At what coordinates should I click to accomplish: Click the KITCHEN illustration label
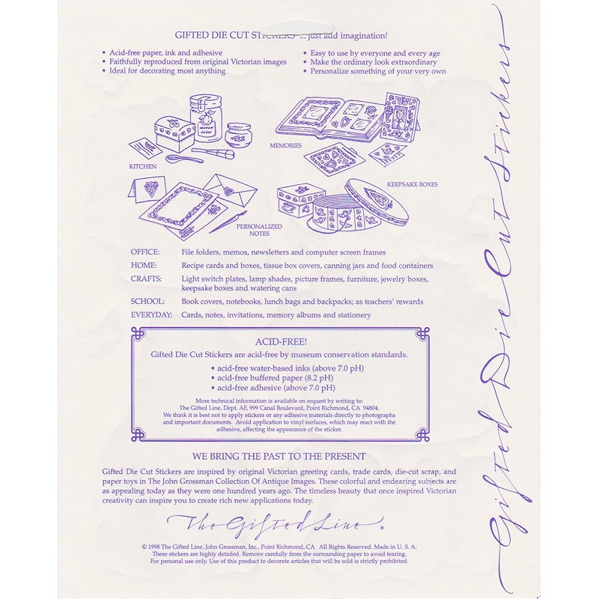(x=143, y=166)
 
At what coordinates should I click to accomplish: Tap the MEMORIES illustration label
(x=285, y=145)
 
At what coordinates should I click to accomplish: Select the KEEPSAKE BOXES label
(x=413, y=184)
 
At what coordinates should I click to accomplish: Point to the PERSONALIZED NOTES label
(x=259, y=230)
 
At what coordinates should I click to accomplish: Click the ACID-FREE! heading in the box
(x=282, y=342)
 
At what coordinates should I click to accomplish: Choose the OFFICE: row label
(x=145, y=252)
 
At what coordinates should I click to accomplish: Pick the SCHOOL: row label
(x=148, y=302)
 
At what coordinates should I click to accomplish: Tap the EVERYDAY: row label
(x=152, y=314)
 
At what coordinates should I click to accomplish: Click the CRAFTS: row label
(x=146, y=279)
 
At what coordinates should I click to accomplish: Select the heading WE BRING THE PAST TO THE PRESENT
(x=279, y=457)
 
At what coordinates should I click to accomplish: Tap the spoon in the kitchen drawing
(x=185, y=158)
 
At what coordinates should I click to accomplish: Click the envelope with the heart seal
(x=230, y=189)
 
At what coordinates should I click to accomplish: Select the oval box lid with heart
(x=377, y=201)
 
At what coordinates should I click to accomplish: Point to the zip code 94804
(x=371, y=408)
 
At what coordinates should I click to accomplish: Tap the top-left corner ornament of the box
(x=138, y=334)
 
